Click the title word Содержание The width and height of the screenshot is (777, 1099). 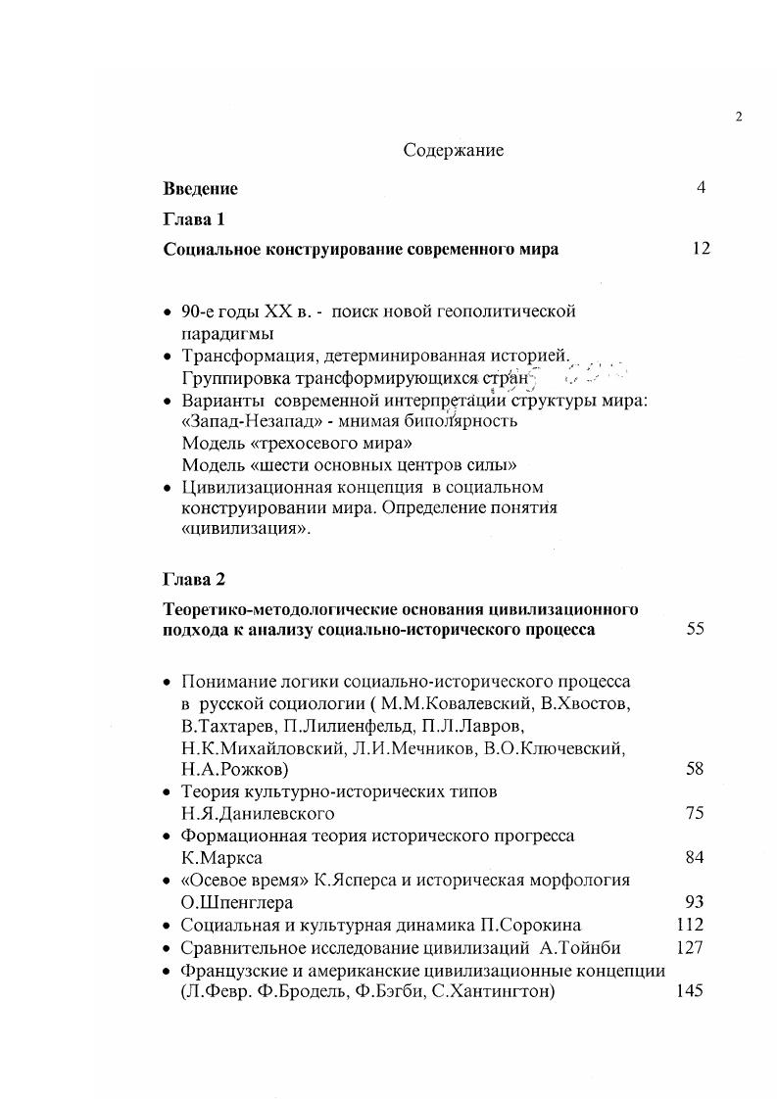pos(453,151)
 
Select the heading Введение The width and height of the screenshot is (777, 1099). pos(200,189)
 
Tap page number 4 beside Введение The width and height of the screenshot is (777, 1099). pos(701,188)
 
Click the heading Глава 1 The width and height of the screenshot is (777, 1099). pos(194,219)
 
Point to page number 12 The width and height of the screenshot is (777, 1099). pos(700,249)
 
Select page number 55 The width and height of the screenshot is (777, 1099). pos(695,630)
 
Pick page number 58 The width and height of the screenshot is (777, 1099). pos(695,769)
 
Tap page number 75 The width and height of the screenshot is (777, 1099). pos(695,813)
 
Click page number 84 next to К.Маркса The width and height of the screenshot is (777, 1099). pos(695,858)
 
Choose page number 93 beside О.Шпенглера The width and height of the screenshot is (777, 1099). pos(695,902)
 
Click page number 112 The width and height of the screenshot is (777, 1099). pos(691,924)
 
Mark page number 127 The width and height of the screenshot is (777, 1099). pos(691,947)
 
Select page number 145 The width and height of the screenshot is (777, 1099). pos(691,991)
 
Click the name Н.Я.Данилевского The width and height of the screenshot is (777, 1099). pos(258,814)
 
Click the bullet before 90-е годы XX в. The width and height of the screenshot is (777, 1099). pos(167,312)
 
